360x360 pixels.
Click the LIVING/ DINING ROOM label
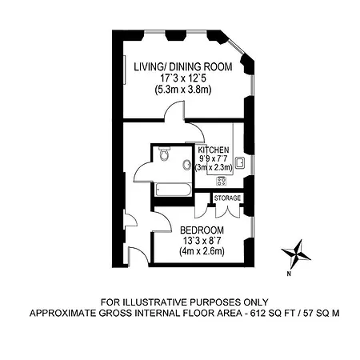pyautogui.click(x=183, y=66)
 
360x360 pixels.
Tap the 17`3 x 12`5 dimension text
pyautogui.click(x=183, y=78)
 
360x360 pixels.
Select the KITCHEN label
pyautogui.click(x=214, y=150)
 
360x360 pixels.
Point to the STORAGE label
pyautogui.click(x=227, y=198)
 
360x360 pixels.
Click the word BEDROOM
pyautogui.click(x=202, y=230)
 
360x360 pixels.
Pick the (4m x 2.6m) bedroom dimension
pyautogui.click(x=202, y=251)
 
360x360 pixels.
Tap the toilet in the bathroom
pyautogui.click(x=163, y=154)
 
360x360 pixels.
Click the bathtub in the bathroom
pyautogui.click(x=174, y=190)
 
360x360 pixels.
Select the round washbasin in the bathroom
pyautogui.click(x=187, y=165)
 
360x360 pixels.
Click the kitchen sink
pyautogui.click(x=240, y=163)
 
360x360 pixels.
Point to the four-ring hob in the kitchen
pyautogui.click(x=222, y=182)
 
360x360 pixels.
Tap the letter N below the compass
pyautogui.click(x=289, y=274)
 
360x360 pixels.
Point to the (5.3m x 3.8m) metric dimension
pyautogui.click(x=183, y=90)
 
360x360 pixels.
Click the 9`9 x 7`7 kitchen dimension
pyautogui.click(x=214, y=158)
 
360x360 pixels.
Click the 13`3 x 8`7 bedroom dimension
pyautogui.click(x=202, y=241)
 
